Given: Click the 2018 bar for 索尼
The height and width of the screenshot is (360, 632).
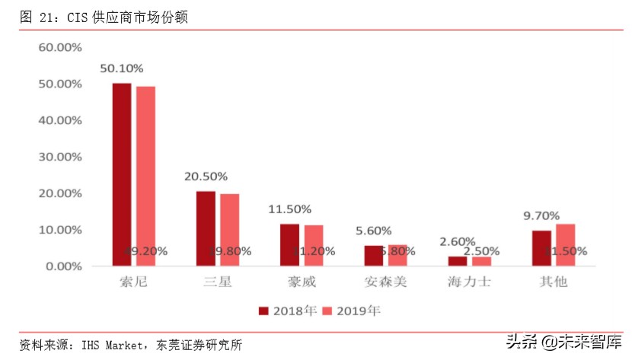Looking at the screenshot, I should [122, 174].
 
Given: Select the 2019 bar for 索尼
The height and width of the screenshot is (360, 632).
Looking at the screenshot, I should [145, 176].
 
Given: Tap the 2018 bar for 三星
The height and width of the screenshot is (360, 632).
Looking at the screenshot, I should [206, 228].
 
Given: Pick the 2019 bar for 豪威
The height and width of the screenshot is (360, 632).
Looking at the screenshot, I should [313, 245].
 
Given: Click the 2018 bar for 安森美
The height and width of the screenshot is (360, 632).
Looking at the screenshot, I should [373, 256].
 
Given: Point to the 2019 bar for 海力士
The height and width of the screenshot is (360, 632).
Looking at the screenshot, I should [481, 261].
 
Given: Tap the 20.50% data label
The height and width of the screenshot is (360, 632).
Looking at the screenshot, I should [206, 177].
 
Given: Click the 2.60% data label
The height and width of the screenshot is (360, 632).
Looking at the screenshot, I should [458, 241].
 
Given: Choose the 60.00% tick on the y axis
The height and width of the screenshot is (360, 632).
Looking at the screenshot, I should [60, 47].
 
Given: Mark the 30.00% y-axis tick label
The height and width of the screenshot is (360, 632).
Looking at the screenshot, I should [60, 157].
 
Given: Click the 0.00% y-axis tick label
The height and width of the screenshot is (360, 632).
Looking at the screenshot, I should [63, 266].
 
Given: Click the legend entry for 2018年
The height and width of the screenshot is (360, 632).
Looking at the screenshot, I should [286, 311].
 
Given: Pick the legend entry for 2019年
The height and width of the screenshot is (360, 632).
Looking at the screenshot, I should [352, 311].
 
